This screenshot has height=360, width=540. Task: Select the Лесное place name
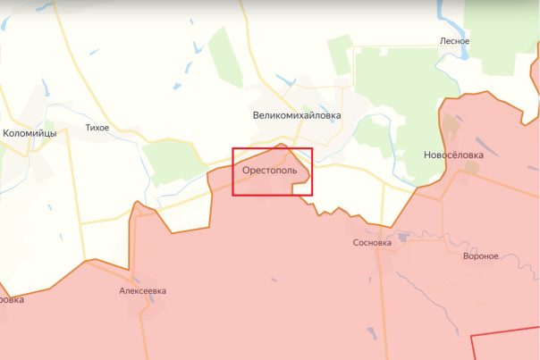pyautogui.click(x=454, y=41)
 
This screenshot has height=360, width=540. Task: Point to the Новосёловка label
pyautogui.click(x=453, y=155)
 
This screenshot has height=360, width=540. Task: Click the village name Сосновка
pyautogui.click(x=372, y=242)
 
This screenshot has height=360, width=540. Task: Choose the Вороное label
pyautogui.click(x=481, y=256)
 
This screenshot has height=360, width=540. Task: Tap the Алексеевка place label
pyautogui.click(x=142, y=291)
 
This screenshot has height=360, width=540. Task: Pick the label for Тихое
pyautogui.click(x=97, y=128)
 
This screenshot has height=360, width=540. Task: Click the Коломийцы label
pyautogui.click(x=30, y=133)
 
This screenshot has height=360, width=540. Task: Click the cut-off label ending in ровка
pyautogui.click(x=11, y=300)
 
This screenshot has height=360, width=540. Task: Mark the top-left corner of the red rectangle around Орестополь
pyautogui.click(x=233, y=148)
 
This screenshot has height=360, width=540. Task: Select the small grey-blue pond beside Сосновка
pyautogui.click(x=402, y=238)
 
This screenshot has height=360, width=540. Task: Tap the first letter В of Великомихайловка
pyautogui.click(x=257, y=115)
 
